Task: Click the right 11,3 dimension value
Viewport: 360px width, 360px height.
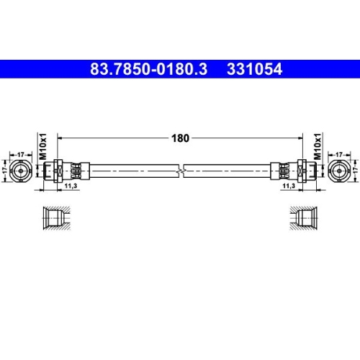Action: tap(289, 185)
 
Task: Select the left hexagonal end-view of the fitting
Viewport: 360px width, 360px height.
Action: tap(21, 169)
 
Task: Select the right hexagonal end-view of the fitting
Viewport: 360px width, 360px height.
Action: tap(340, 169)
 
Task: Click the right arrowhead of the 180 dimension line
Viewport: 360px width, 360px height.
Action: tap(301, 136)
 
